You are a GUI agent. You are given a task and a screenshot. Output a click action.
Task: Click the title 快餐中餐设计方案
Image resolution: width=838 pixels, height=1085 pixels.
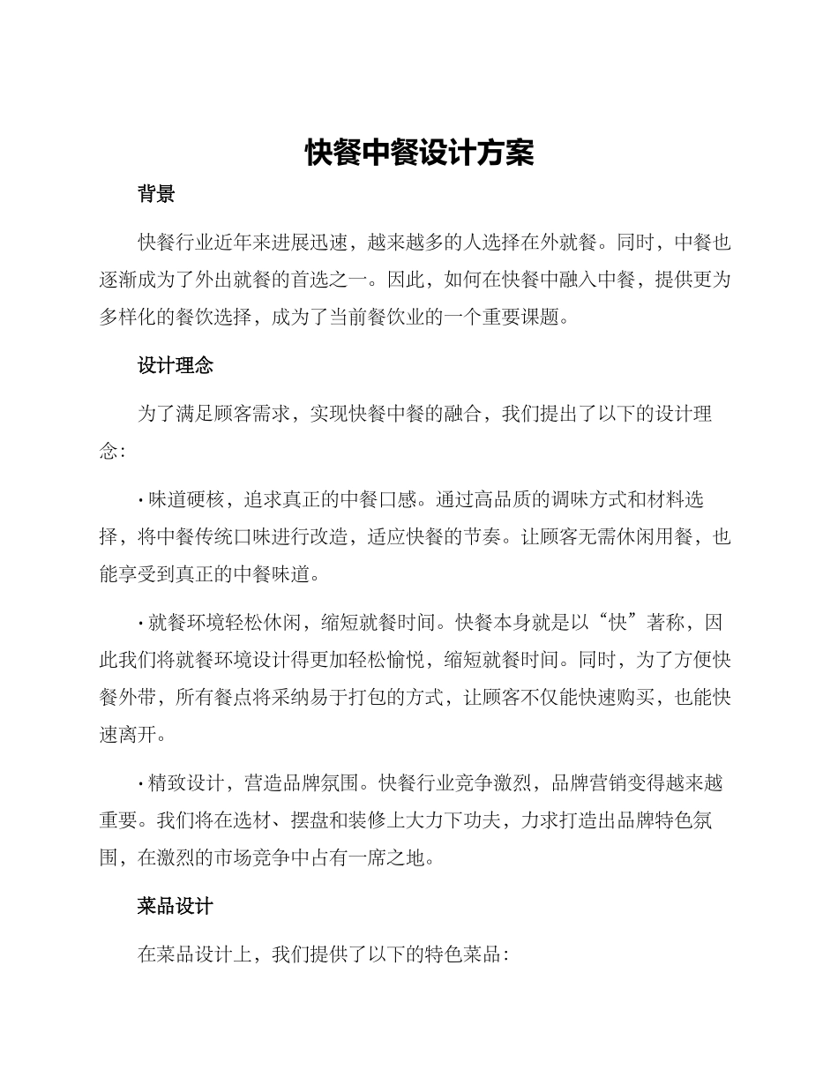419,153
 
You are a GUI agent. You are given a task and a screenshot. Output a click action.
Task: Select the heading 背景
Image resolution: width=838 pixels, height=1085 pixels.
156,195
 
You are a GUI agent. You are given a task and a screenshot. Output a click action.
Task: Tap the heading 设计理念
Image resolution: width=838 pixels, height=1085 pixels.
176,365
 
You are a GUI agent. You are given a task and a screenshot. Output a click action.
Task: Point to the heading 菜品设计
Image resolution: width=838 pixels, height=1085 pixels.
176,906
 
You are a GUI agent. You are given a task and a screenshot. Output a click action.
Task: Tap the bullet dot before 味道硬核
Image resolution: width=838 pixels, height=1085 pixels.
141,500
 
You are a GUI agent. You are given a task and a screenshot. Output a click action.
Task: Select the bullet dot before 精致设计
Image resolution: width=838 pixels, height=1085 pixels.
141,783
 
